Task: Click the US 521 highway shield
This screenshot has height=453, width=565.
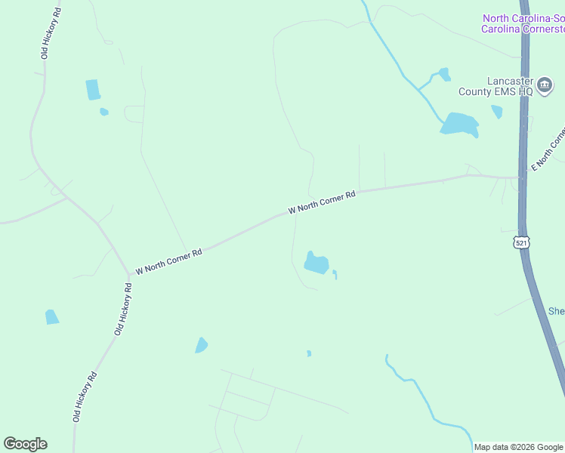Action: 520,242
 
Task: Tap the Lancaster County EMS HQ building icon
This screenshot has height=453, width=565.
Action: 543,82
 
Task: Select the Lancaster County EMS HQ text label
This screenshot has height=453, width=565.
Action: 496,86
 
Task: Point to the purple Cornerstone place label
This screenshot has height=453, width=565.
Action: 523,23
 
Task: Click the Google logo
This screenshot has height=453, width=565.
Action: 25,444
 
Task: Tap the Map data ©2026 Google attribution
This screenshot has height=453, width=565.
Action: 518,447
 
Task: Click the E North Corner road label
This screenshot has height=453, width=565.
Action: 548,149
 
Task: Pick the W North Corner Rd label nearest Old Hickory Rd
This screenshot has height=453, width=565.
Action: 168,262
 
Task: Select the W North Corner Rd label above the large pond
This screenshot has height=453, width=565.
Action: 321,204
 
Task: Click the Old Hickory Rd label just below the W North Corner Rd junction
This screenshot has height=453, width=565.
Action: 123,309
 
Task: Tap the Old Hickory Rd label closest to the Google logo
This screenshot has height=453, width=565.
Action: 85,396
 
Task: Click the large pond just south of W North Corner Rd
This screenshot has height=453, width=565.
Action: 316,263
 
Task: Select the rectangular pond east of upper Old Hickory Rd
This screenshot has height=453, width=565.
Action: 93,90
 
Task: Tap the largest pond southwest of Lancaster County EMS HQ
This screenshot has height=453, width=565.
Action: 459,124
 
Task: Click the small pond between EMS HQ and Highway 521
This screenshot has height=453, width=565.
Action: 496,112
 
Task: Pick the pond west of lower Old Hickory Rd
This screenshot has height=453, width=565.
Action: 51,317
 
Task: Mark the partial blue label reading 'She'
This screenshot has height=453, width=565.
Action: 556,311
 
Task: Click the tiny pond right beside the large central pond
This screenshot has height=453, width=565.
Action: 335,274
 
